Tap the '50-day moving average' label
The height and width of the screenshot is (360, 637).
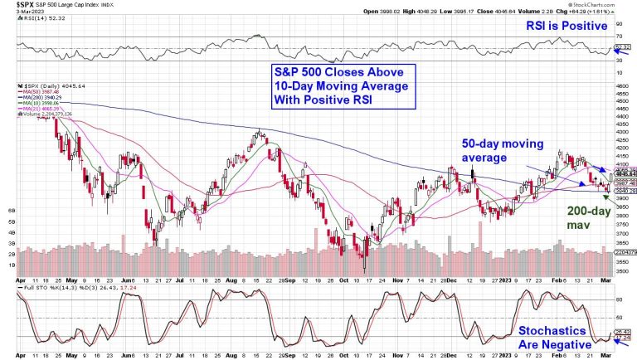pyautogui.click(x=506, y=150)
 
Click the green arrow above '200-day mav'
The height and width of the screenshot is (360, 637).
pyautogui.click(x=610, y=195)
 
